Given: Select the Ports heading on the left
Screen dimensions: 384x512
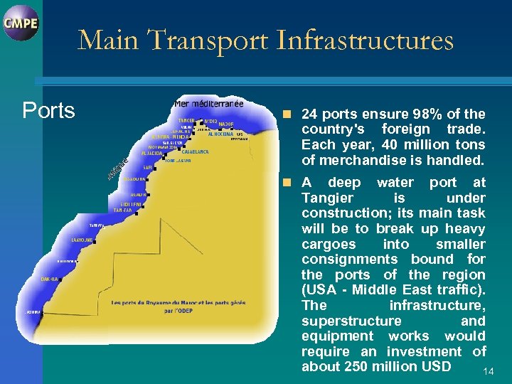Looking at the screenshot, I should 48,111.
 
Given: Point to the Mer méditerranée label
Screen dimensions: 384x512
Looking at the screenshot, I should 208,104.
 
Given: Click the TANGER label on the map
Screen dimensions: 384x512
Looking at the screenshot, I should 187,120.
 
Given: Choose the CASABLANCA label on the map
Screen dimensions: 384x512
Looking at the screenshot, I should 195,152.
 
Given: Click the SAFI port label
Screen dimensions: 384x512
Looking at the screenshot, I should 149,168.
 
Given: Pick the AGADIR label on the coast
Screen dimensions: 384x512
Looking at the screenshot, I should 138,194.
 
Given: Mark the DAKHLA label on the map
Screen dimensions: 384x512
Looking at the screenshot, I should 49,279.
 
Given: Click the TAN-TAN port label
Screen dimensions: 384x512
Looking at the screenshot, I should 123,210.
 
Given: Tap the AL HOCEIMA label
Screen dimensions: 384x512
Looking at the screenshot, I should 220,134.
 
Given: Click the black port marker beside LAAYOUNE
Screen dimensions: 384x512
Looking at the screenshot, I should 101,240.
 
